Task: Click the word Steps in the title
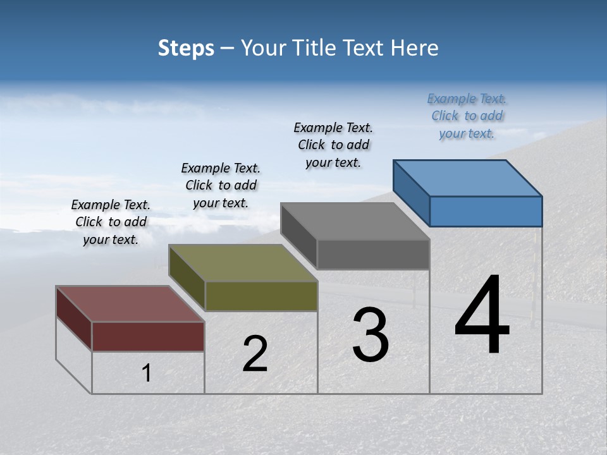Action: pos(186,48)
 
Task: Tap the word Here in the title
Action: pos(415,48)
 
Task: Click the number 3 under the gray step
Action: pos(371,335)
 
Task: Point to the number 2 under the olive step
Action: pos(255,354)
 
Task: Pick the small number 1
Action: pos(147,373)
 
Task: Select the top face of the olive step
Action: pos(243,263)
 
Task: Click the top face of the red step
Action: pos(130,304)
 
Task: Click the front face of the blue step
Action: pos(486,211)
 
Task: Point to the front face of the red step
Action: pos(148,336)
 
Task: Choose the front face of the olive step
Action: pos(261,296)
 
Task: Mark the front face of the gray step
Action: pos(373,255)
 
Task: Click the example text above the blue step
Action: pos(467,116)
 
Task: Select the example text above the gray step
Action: pos(333,145)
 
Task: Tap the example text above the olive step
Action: pos(221,185)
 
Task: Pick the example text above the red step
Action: pos(111,222)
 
